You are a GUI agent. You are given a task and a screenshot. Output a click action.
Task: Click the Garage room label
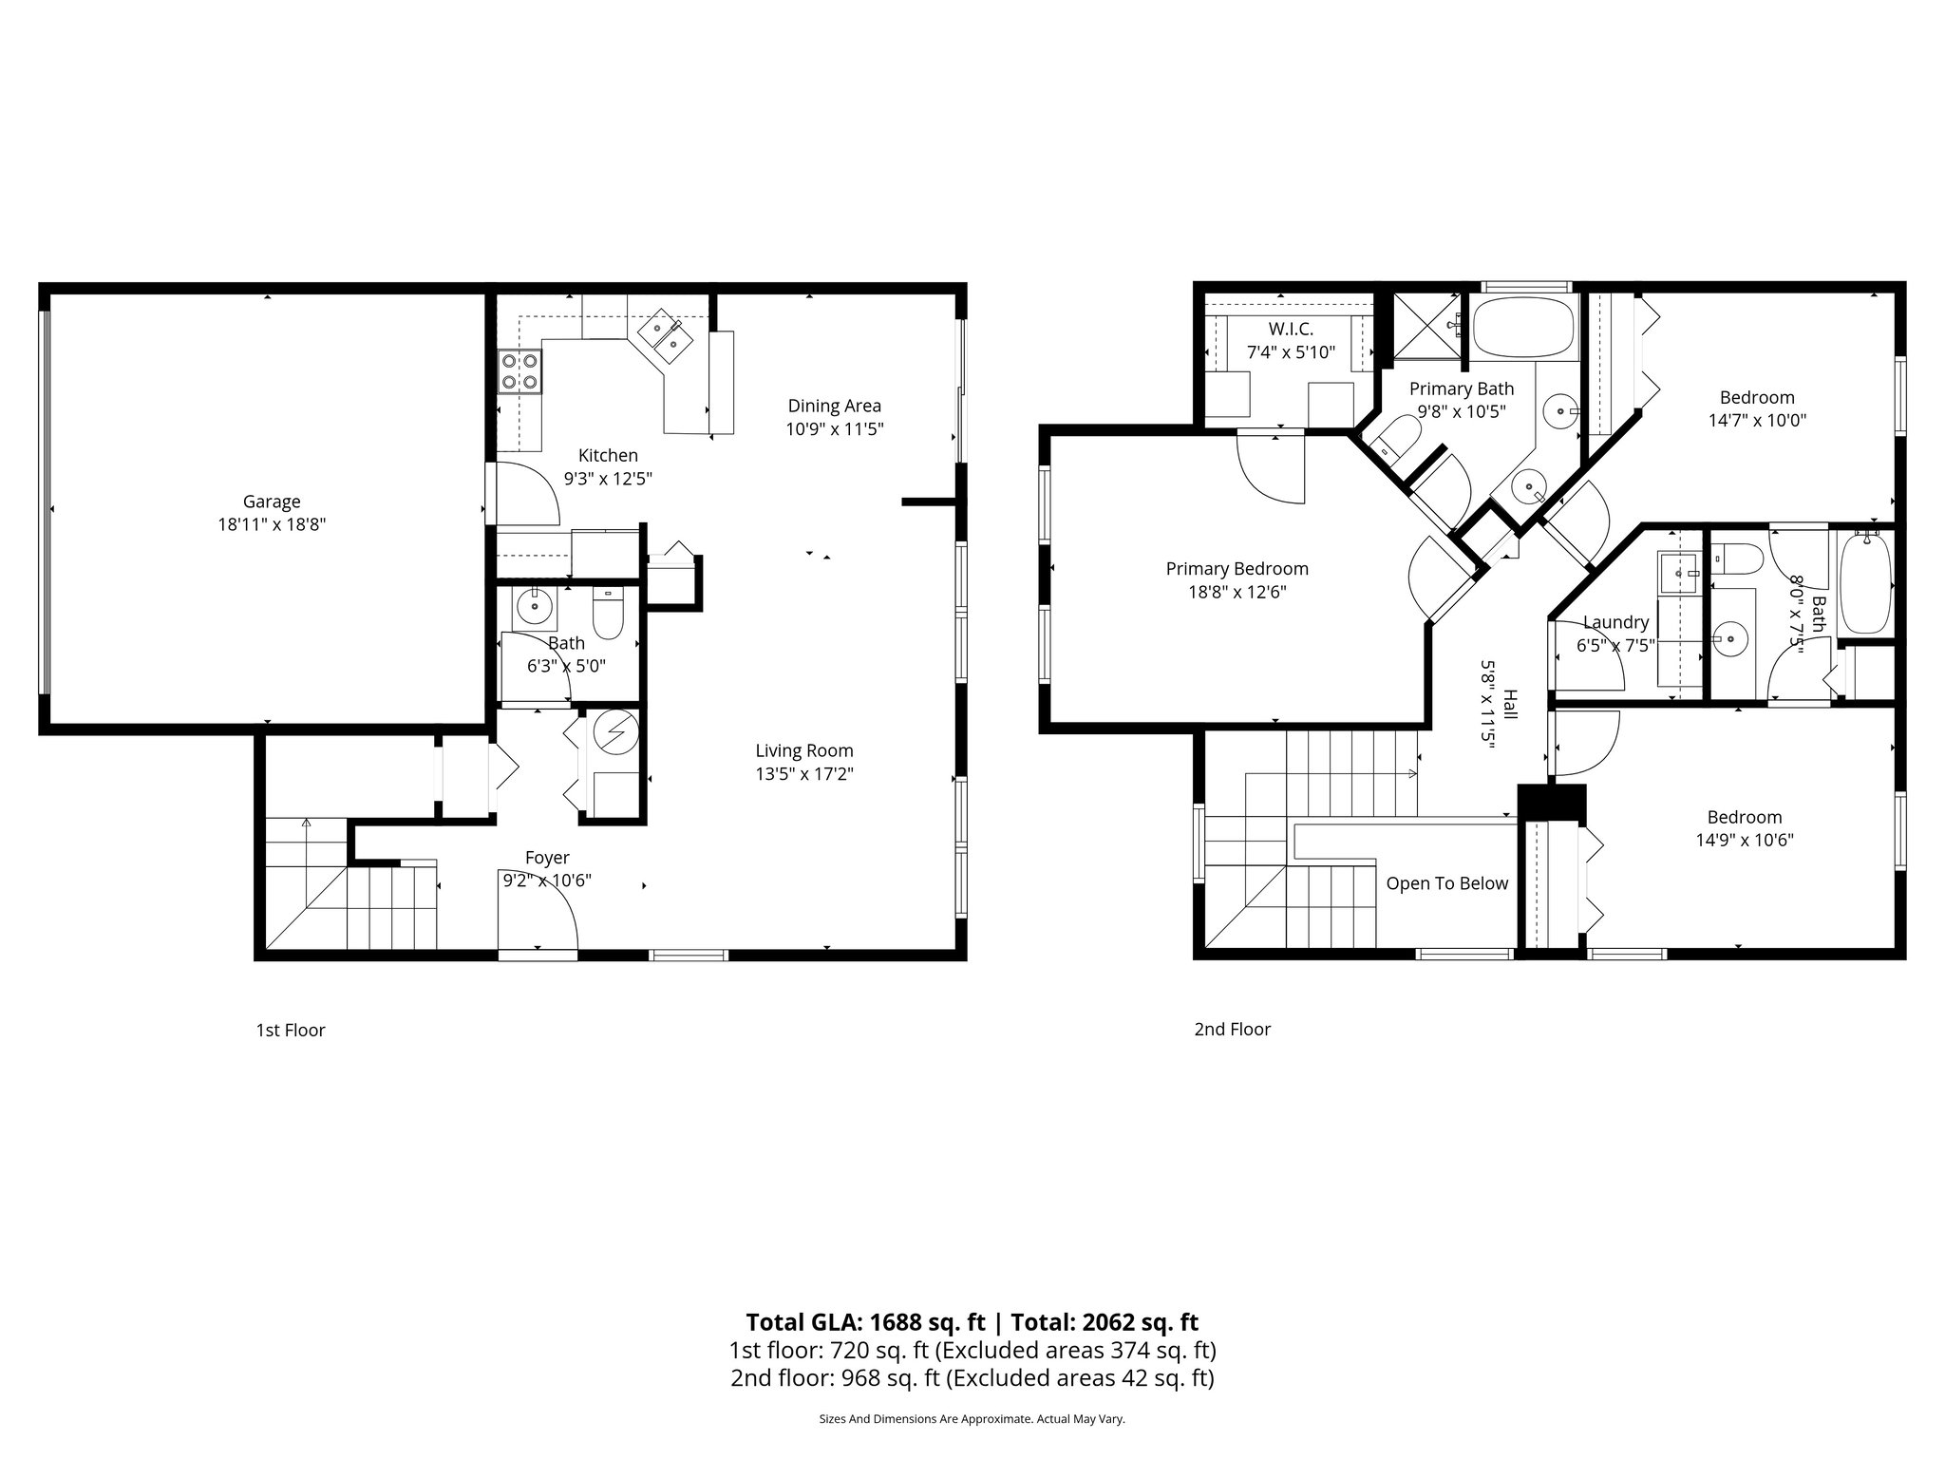[272, 502]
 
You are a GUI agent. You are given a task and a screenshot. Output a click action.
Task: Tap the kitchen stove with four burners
[519, 371]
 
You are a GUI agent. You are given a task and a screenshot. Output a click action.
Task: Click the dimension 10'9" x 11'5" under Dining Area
[834, 429]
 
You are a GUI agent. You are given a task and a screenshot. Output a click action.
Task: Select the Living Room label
[803, 750]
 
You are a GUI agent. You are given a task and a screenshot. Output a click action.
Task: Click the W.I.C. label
[1291, 329]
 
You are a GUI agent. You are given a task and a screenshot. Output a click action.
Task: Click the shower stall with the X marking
[1428, 326]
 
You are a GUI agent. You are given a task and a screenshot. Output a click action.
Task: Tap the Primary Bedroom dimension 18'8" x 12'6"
[1237, 592]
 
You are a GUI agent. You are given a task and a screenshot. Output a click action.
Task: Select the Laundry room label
[1615, 622]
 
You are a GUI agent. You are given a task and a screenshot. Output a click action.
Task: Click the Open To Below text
[1446, 883]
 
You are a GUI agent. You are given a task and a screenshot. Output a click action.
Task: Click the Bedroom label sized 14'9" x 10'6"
[1744, 817]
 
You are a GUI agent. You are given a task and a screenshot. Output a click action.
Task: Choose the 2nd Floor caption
[1232, 1029]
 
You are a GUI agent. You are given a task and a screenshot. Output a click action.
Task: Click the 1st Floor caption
[291, 1030]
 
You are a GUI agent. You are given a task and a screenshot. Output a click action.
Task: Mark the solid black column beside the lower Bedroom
[1552, 802]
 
